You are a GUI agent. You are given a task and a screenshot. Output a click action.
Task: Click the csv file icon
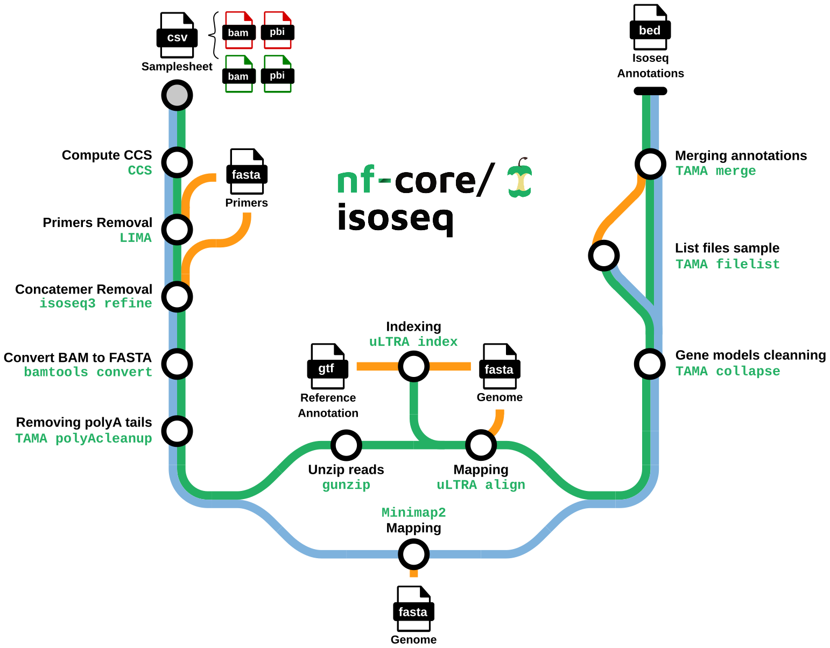pyautogui.click(x=177, y=35)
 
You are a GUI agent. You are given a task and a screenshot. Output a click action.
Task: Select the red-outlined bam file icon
pyautogui.click(x=238, y=31)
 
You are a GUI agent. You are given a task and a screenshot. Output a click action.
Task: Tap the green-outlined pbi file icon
pyautogui.click(x=277, y=74)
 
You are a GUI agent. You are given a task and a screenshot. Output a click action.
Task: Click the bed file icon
pyautogui.click(x=650, y=27)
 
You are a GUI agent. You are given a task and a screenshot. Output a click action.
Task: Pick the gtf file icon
pyautogui.click(x=327, y=366)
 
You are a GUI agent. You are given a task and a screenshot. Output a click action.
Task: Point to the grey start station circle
pyautogui.click(x=177, y=96)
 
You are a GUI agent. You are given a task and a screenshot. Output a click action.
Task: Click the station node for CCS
pyautogui.click(x=177, y=162)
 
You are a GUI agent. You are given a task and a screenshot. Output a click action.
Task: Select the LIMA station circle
pyautogui.click(x=177, y=230)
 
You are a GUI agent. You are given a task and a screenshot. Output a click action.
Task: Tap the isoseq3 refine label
pyautogui.click(x=96, y=303)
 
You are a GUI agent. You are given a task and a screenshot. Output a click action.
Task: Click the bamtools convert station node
pyautogui.click(x=177, y=364)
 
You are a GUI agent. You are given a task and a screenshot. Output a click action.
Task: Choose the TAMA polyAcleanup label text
pyautogui.click(x=83, y=438)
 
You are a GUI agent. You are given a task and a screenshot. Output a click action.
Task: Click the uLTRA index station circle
pyautogui.click(x=413, y=367)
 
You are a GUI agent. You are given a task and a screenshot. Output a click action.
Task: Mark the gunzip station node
pyautogui.click(x=346, y=445)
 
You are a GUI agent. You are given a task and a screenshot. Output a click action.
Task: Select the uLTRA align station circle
pyautogui.click(x=481, y=445)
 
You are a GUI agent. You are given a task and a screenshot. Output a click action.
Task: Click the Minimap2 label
pyautogui.click(x=413, y=512)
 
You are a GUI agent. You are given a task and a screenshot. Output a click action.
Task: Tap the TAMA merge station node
pyautogui.click(x=650, y=164)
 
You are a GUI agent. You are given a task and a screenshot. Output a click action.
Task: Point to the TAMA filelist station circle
pyautogui.click(x=604, y=255)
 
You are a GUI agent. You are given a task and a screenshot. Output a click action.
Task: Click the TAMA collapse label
pyautogui.click(x=727, y=371)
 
